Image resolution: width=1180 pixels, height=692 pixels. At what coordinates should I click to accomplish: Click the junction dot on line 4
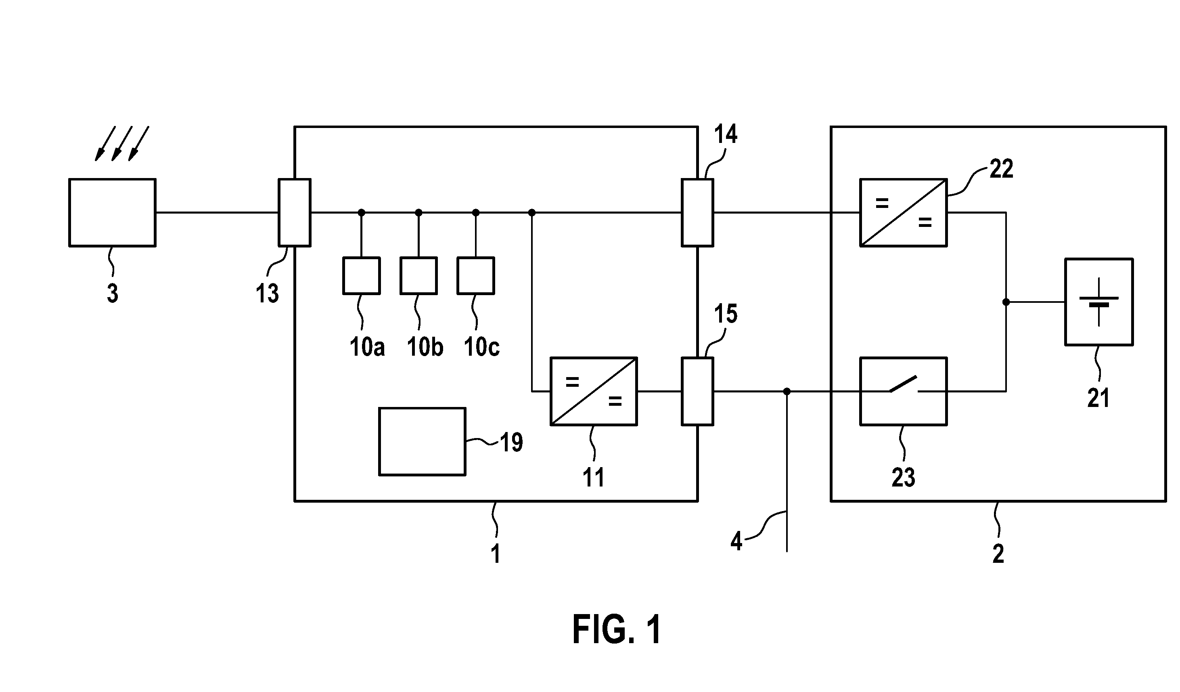787,391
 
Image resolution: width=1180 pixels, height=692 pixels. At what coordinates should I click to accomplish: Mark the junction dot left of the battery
1006,302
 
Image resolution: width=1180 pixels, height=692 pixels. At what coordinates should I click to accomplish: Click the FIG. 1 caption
617,630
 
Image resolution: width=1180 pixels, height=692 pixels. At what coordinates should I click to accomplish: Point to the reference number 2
998,554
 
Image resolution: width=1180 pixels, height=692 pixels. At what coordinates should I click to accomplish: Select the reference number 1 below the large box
496,554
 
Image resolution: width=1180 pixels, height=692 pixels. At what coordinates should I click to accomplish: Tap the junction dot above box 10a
362,213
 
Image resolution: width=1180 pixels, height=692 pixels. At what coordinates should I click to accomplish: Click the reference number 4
736,542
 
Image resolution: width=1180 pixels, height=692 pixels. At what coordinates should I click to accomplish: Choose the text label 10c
482,347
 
